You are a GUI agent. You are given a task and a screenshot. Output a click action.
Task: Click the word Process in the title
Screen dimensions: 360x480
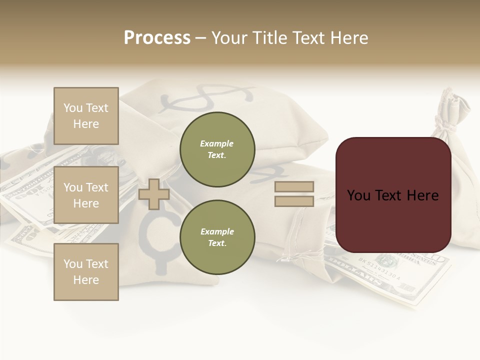(157, 38)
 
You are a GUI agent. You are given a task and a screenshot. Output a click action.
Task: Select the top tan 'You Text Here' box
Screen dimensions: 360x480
(86, 116)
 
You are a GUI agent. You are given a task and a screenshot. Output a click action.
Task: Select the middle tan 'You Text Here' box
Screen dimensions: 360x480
(86, 195)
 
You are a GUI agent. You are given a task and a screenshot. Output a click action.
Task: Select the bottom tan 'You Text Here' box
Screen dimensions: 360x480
(86, 272)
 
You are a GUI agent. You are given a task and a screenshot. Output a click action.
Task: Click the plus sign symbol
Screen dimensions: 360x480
(153, 194)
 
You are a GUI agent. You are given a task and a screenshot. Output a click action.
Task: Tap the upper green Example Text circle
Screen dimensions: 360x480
(217, 149)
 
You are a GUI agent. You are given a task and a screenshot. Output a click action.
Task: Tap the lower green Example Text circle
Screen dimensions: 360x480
(217, 237)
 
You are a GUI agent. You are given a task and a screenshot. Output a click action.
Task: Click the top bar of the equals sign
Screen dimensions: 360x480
(294, 186)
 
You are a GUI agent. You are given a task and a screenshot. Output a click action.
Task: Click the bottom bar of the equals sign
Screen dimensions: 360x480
(294, 201)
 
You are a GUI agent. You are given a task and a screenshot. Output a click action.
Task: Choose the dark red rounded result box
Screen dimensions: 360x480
(393, 195)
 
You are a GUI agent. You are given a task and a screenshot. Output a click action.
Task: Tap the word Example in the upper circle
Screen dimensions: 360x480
(217, 143)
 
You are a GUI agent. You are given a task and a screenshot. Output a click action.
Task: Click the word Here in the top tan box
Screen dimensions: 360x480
(86, 124)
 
